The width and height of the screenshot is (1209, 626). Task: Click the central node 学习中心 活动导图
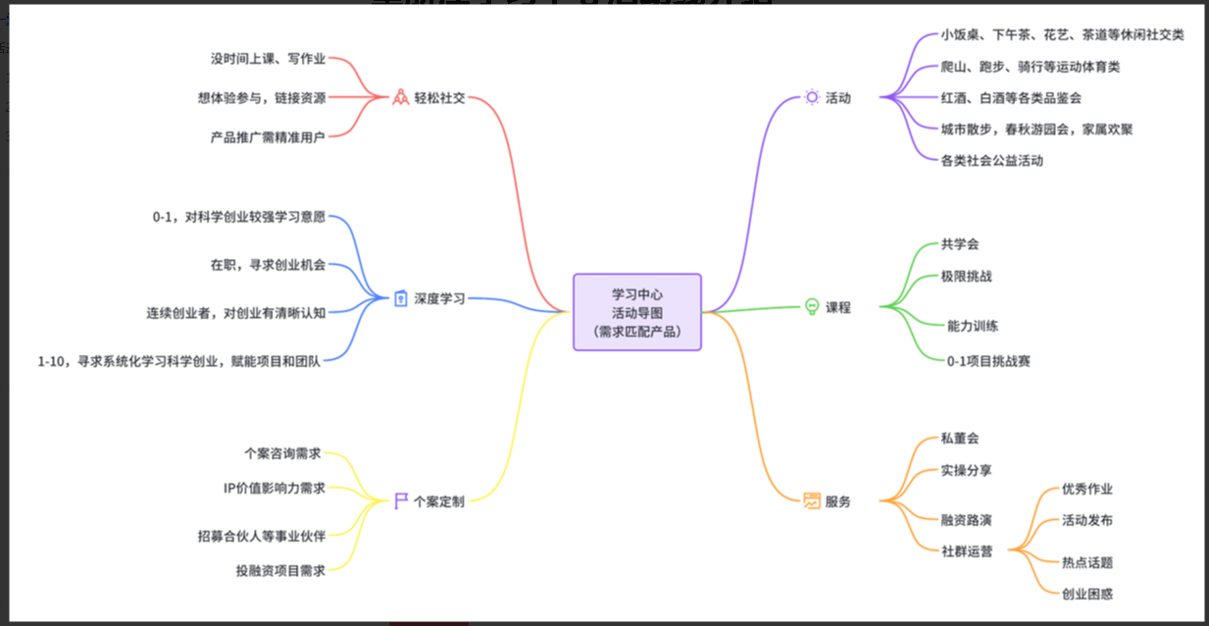click(637, 312)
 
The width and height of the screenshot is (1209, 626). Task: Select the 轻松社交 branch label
click(439, 98)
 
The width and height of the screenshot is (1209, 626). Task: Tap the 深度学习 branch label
click(439, 298)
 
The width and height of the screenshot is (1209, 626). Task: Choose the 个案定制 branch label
click(439, 501)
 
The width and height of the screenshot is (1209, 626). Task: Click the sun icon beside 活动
click(812, 97)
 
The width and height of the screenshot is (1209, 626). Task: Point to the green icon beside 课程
click(812, 307)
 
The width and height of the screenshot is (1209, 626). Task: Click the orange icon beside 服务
click(812, 501)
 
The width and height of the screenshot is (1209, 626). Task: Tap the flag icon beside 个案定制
click(400, 501)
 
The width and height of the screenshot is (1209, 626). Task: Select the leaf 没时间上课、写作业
click(268, 59)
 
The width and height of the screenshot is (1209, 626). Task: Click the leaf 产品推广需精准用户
click(268, 137)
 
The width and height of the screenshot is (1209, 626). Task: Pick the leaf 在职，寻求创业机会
click(268, 265)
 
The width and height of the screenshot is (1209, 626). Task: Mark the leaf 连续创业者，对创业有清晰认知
click(236, 313)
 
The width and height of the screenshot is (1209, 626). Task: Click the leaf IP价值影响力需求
click(275, 488)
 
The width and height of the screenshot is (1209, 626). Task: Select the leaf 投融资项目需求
click(280, 569)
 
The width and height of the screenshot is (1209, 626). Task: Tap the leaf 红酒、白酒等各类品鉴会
click(1011, 98)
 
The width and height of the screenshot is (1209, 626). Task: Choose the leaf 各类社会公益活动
click(991, 160)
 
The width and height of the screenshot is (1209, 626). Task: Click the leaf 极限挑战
click(966, 277)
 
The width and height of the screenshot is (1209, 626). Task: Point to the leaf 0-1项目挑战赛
click(988, 361)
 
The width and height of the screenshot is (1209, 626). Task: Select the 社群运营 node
click(966, 551)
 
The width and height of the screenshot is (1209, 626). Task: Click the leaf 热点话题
click(1087, 562)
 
